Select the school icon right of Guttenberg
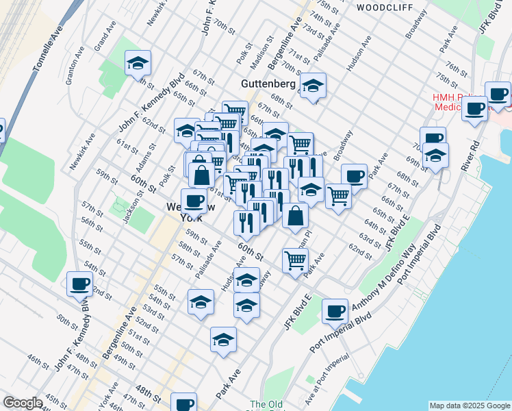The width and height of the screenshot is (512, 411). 313,86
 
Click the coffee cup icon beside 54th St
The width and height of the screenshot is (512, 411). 79,283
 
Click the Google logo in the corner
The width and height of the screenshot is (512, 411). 23,403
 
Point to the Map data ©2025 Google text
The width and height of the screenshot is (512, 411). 470,406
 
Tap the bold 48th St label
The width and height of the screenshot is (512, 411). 148,393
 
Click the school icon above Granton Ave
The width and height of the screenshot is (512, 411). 138,63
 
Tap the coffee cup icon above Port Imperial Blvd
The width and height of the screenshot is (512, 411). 335,311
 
